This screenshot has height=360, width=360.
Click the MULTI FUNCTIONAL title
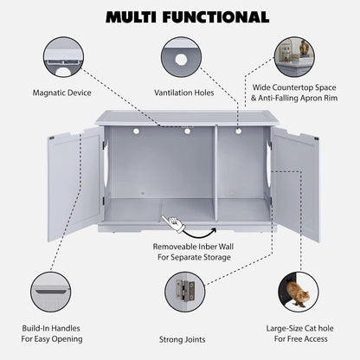(180, 16)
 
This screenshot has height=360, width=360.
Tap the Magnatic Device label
(63, 91)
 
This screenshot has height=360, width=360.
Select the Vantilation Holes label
(183, 91)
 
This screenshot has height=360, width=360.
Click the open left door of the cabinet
(73, 182)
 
